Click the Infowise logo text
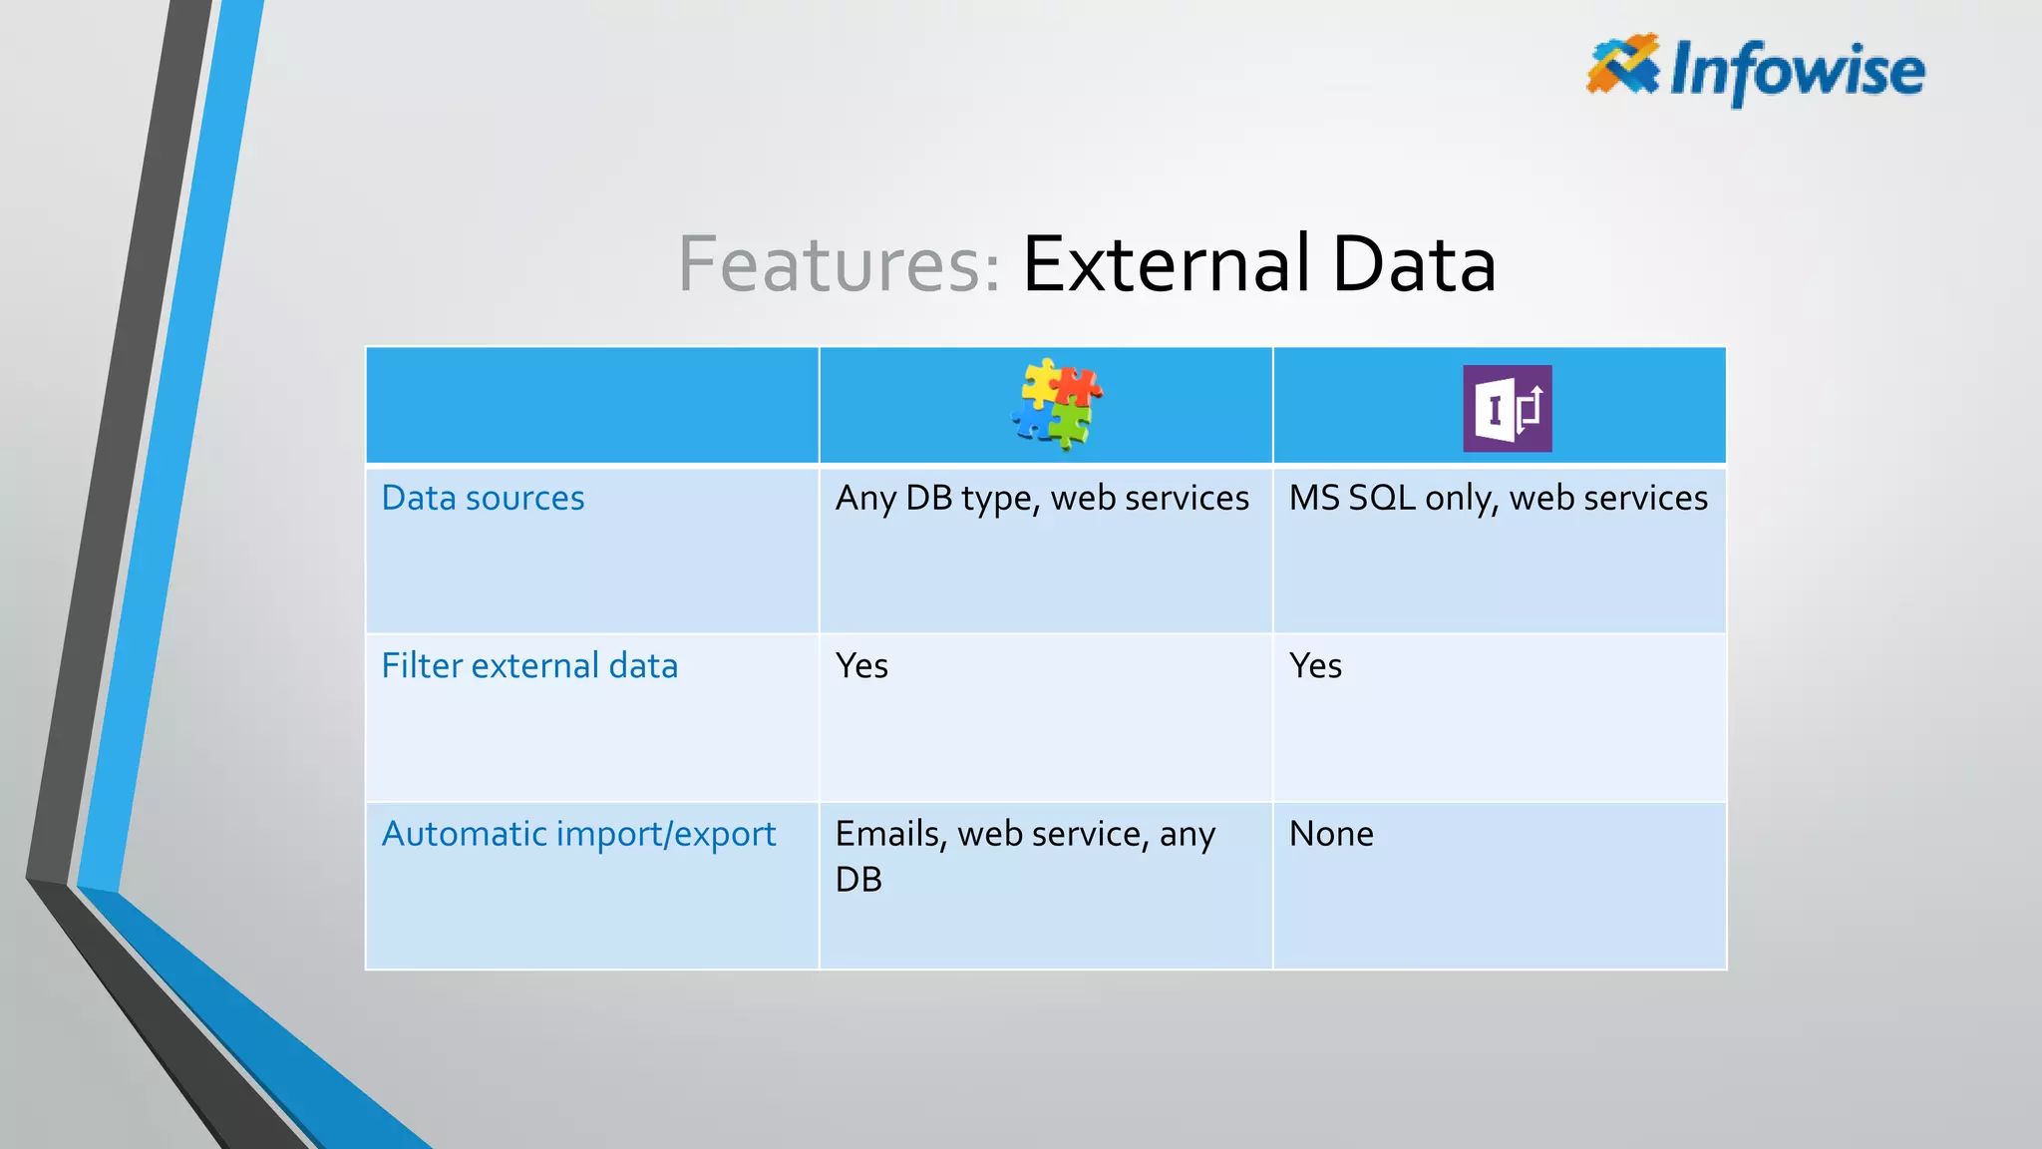(1797, 70)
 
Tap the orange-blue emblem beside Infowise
(1622, 64)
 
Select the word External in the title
(1166, 264)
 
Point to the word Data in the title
(1414, 264)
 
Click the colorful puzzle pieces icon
(1057, 404)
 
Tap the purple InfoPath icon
(1507, 408)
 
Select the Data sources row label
(483, 498)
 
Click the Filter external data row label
(529, 665)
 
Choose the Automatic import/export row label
(578, 834)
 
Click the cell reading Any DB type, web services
(1042, 498)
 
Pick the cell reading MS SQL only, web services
(1498, 498)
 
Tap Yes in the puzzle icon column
(861, 665)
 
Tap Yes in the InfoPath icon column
(1315, 665)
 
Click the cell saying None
(1331, 834)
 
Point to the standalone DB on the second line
(858, 880)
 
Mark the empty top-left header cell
(592, 405)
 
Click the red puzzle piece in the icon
(1079, 385)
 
